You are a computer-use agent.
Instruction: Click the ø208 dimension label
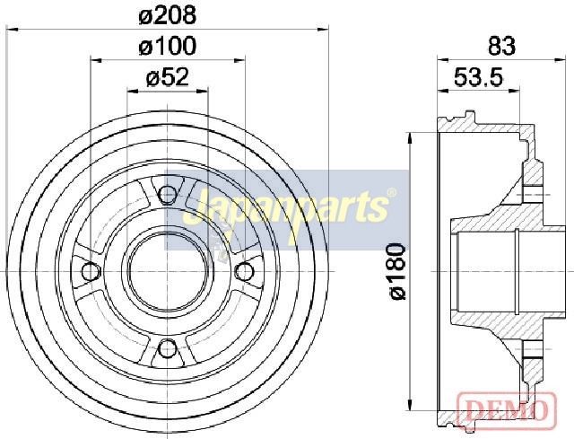click(x=168, y=16)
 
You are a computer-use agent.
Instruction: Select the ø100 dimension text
click(x=168, y=47)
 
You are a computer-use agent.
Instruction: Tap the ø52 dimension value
click(x=168, y=77)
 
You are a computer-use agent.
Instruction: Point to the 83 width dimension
click(x=501, y=46)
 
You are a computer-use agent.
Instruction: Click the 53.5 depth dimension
click(x=479, y=77)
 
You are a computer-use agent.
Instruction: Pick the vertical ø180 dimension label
click(x=397, y=271)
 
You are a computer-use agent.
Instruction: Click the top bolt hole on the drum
click(x=168, y=194)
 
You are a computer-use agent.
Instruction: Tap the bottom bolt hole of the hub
click(x=168, y=348)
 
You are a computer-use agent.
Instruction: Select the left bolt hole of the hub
click(x=91, y=271)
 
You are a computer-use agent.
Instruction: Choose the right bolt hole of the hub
click(x=244, y=271)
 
